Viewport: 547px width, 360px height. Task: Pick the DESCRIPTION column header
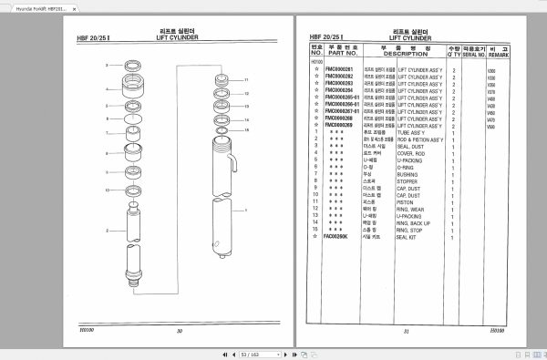pyautogui.click(x=405, y=54)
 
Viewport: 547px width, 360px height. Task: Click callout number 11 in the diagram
pyautogui.click(x=246, y=80)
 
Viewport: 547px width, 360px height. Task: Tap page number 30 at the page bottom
pyautogui.click(x=180, y=331)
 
